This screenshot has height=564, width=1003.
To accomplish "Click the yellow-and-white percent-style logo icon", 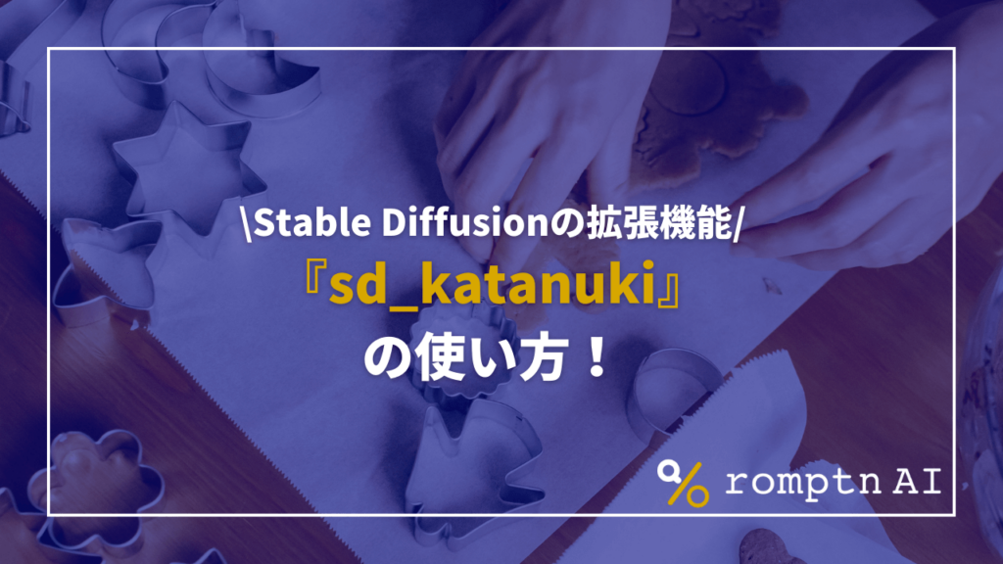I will pyautogui.click(x=684, y=483).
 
